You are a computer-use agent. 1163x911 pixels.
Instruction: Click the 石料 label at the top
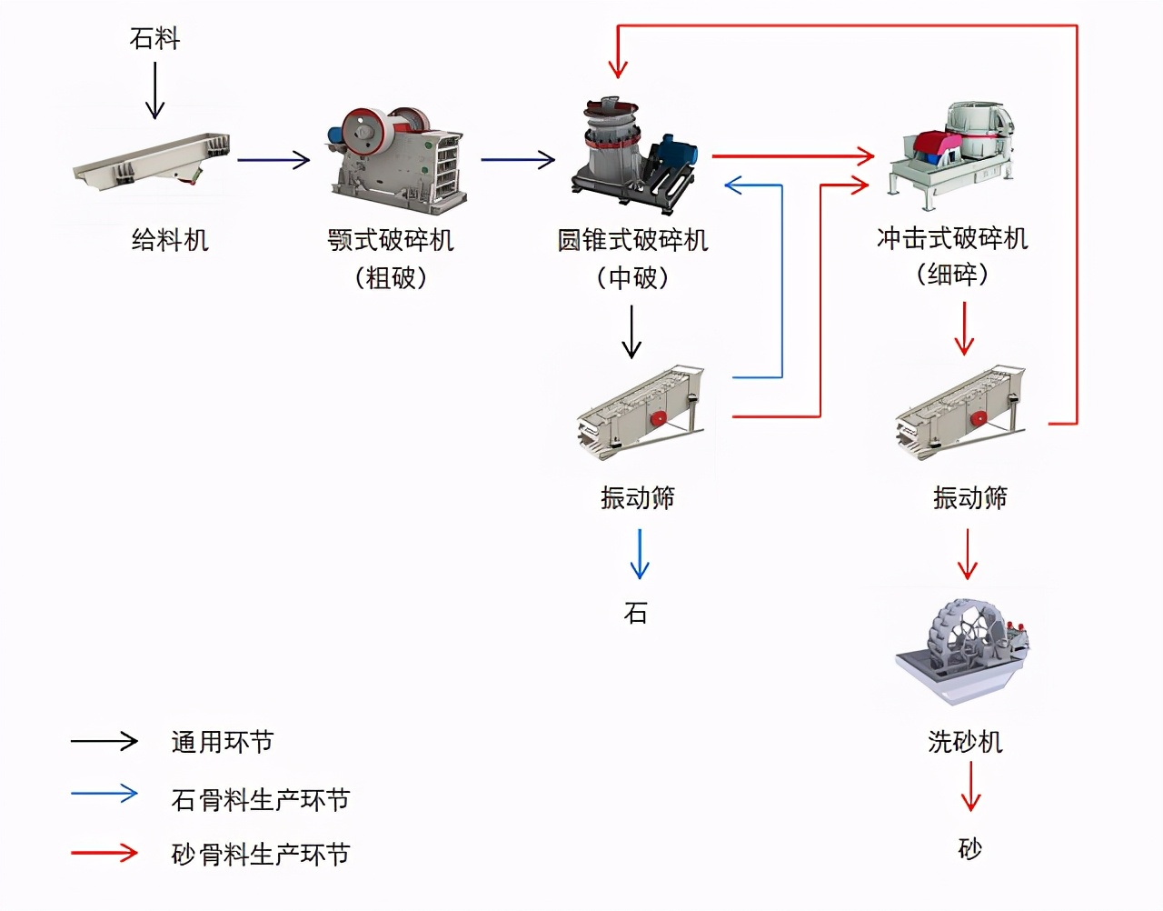[x=154, y=38]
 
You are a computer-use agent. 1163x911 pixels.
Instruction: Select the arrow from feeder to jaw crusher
[x=273, y=160]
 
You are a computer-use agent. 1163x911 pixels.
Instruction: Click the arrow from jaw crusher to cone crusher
[x=517, y=160]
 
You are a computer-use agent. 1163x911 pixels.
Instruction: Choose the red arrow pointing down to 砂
[x=970, y=786]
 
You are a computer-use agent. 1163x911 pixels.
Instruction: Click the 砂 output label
[x=970, y=849]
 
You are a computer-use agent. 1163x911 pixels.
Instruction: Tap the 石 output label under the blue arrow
[x=636, y=614]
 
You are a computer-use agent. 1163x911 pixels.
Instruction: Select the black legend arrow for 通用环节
[x=104, y=741]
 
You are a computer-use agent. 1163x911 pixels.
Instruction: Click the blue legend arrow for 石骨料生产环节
[x=104, y=794]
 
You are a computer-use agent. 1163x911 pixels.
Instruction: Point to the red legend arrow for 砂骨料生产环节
[x=104, y=853]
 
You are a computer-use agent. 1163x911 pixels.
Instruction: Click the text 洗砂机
[x=965, y=742]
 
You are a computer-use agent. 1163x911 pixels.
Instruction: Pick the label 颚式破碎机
[x=391, y=240]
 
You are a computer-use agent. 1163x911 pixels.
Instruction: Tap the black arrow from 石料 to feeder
[x=155, y=90]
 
